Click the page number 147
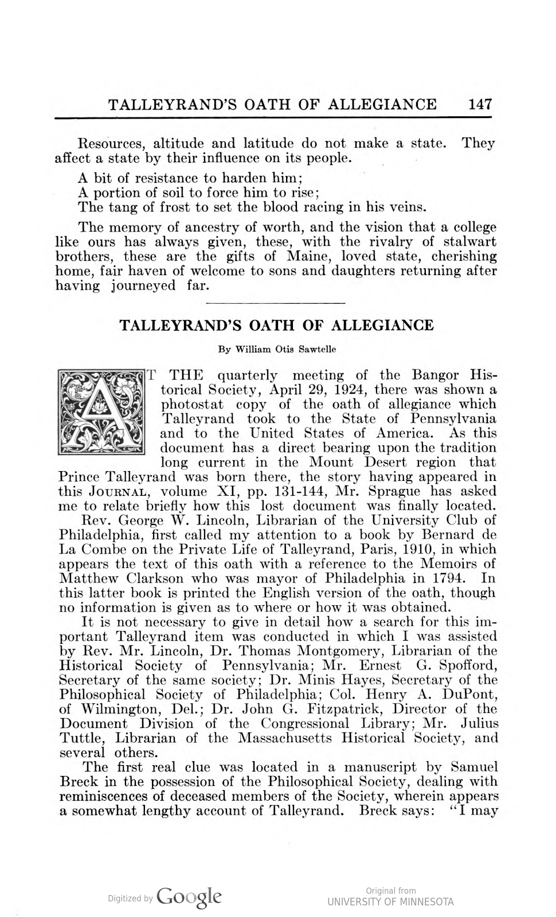pyautogui.click(x=480, y=104)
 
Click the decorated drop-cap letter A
pyautogui.click(x=101, y=412)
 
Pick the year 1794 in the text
pyautogui.click(x=456, y=578)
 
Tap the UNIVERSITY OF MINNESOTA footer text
pyautogui.click(x=390, y=902)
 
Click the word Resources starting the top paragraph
pyautogui.click(x=111, y=143)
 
